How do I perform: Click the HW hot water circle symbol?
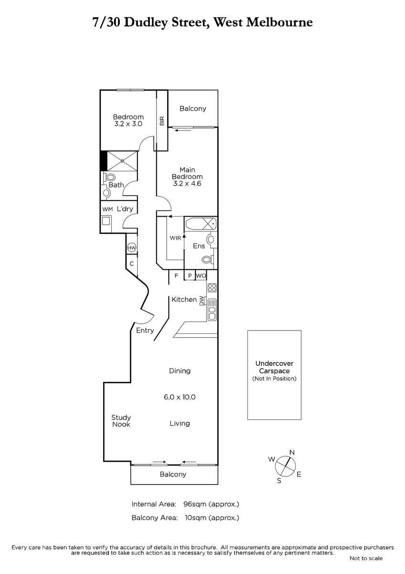click(x=132, y=248)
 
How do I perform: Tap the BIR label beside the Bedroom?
click(x=162, y=121)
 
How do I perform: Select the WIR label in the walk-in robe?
click(x=175, y=238)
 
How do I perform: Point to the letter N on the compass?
click(x=292, y=453)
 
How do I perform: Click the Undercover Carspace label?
click(x=274, y=367)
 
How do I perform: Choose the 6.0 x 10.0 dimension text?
click(x=180, y=397)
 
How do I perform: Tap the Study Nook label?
click(x=121, y=421)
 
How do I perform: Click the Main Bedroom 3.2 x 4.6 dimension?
click(x=187, y=184)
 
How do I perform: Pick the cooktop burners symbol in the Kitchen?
click(x=212, y=287)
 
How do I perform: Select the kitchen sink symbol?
click(x=212, y=309)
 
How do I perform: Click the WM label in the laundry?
click(x=107, y=210)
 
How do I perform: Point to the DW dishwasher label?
click(x=202, y=301)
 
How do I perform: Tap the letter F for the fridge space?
click(x=176, y=276)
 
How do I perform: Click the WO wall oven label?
click(x=201, y=276)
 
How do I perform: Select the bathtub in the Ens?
click(x=201, y=224)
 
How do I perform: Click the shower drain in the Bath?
click(x=122, y=161)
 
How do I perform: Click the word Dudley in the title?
click(x=146, y=23)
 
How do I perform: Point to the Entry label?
click(x=145, y=331)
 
